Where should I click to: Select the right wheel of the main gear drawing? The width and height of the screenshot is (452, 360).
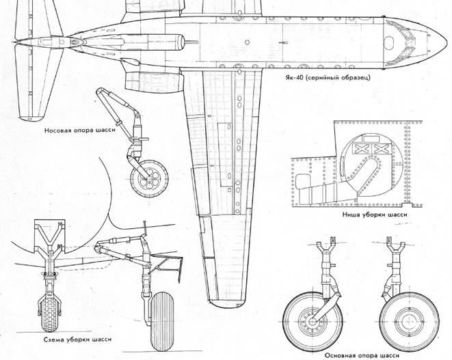coord(403,316)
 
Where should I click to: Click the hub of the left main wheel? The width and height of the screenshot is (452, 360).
coord(309,317)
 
